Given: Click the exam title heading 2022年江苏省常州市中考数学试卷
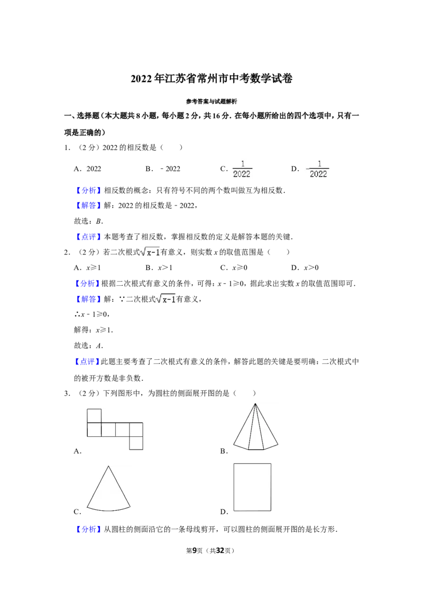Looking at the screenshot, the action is tap(212, 79).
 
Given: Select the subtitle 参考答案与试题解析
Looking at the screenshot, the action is tap(212, 101).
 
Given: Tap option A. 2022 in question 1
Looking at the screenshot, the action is tap(87, 169).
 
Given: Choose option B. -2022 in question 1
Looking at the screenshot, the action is tap(163, 169).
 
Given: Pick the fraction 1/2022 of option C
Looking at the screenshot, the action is tap(242, 169).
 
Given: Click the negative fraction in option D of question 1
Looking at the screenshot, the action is tap(318, 169).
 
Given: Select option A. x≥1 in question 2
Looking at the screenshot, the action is tap(87, 268).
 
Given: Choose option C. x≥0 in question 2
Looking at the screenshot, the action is tap(234, 268).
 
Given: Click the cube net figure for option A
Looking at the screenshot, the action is tap(115, 429).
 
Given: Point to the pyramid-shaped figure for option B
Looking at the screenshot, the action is tap(255, 427).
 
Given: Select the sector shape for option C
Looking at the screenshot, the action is tap(108, 489).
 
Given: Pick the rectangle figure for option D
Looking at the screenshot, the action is tap(252, 487).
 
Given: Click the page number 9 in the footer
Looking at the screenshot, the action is tap(195, 550).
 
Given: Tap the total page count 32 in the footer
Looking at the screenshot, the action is tap(220, 550).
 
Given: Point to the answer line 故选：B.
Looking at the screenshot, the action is tap(89, 221).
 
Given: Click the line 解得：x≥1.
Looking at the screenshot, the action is tap(94, 330).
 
